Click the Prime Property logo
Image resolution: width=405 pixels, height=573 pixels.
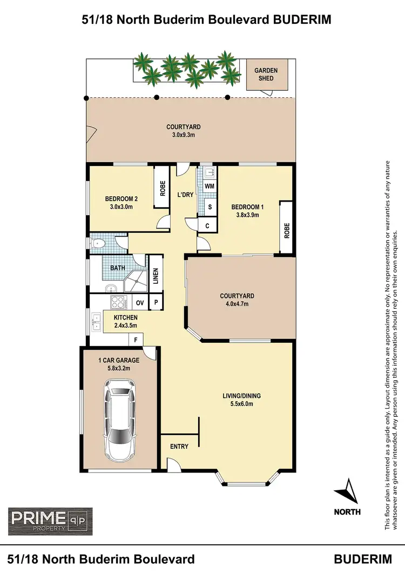pos(50,521)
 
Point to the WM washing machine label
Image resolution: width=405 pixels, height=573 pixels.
pos(210,186)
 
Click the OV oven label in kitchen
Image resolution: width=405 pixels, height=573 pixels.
pos(139,303)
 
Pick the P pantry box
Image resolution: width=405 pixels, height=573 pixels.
pos(156,303)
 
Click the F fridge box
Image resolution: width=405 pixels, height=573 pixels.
pos(136,339)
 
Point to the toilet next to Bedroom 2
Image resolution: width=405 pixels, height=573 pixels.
pos(98,244)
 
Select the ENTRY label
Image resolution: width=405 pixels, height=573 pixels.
pos(179,447)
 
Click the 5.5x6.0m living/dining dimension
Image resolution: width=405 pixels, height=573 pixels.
pos(238,403)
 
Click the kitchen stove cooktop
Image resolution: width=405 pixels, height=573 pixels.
pos(117,302)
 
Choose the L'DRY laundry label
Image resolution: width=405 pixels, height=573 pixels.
pos(185,195)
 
